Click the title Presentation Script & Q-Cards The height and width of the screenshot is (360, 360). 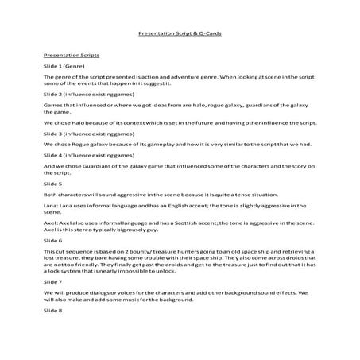tap(179, 35)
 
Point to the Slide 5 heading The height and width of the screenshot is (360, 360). tap(52, 184)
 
